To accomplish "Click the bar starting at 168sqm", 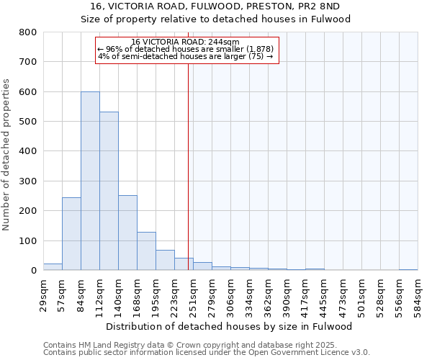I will point(146,251).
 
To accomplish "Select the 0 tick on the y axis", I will point(33,271).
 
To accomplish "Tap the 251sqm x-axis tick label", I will point(194,293).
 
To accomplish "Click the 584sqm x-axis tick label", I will point(418,293).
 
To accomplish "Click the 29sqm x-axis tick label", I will point(44,293).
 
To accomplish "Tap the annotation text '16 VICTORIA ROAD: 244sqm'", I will point(186,42).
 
